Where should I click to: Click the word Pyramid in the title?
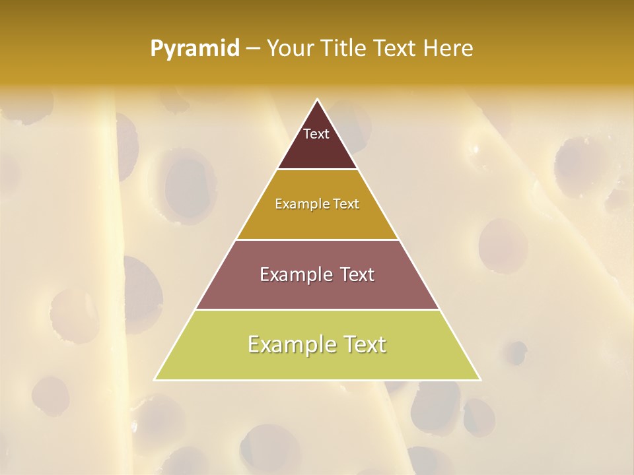click(x=194, y=49)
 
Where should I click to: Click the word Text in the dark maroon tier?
click(x=316, y=134)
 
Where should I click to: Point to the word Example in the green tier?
click(x=290, y=344)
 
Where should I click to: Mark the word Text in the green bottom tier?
click(x=364, y=344)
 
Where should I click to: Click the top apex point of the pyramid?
click(x=318, y=100)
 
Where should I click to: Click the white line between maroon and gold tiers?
click(x=318, y=169)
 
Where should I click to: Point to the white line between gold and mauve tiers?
click(x=318, y=239)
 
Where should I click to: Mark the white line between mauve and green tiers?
click(x=318, y=309)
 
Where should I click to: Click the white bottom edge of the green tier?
click(x=318, y=380)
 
